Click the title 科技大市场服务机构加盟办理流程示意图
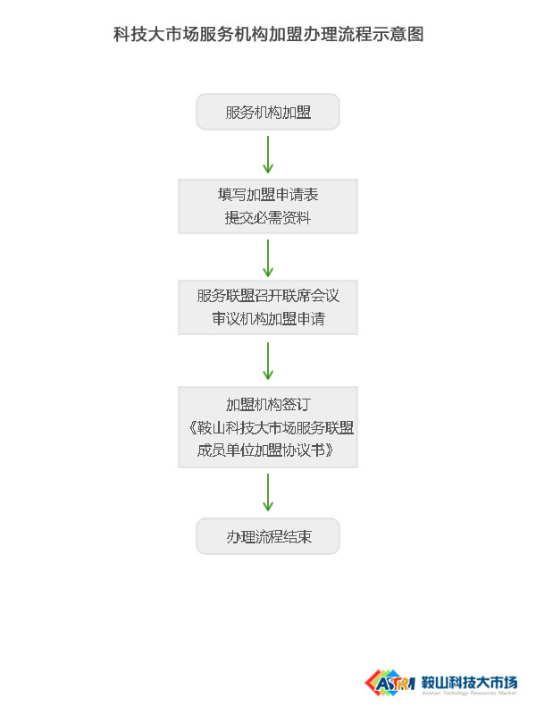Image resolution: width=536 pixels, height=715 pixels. pos(269,34)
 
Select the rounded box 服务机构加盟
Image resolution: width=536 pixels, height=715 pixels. pos(268,112)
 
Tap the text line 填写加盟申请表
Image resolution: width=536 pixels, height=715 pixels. pos(268,195)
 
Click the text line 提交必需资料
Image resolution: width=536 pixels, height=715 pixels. pos(268,218)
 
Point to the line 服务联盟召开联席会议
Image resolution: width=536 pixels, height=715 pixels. pos(268,296)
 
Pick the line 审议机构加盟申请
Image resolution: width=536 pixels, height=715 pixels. pos(268,319)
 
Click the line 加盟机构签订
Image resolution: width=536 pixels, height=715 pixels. pos(268,405)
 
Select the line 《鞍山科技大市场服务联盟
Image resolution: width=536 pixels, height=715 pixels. pos(271,428)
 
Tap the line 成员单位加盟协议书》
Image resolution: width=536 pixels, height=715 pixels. pos(265,450)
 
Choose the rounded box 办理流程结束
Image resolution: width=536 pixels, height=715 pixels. pos(268,536)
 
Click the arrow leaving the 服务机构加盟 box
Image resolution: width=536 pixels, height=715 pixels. pos(268,154)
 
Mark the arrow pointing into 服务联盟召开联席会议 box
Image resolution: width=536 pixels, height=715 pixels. pos(268,258)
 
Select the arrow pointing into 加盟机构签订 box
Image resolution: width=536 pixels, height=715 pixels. pos(268,361)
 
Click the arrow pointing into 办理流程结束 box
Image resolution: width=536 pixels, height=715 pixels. pos(268,492)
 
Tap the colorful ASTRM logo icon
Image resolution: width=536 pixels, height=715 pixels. pos(390,683)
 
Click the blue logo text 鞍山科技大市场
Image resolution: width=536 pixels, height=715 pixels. pos(469,682)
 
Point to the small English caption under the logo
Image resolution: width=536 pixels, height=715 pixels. pos(469,694)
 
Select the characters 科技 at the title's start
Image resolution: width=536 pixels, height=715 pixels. pos(130,34)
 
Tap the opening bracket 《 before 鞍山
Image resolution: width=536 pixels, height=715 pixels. pos(191,428)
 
